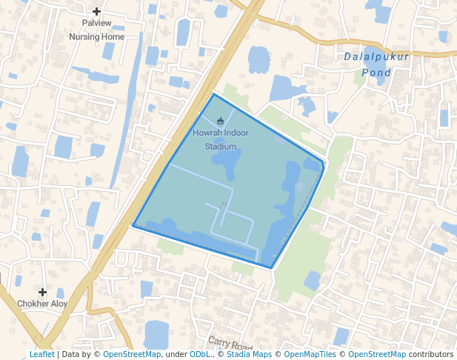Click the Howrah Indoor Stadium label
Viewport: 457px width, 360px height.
[x=221, y=139]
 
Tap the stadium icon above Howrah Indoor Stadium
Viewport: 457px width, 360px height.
[x=221, y=121]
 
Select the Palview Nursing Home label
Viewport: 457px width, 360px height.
[x=96, y=30]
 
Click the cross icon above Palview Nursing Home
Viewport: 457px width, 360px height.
[x=96, y=11]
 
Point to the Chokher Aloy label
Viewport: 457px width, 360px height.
[x=42, y=304]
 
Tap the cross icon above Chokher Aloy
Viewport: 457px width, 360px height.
[x=42, y=293]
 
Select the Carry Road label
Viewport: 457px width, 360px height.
[x=230, y=344]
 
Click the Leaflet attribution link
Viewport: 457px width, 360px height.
[x=41, y=354]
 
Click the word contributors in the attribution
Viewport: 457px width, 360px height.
[x=430, y=354]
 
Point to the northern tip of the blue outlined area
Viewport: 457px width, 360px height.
[x=214, y=94]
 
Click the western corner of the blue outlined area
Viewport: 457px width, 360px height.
[x=133, y=225]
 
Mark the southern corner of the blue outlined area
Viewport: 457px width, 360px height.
[x=271, y=267]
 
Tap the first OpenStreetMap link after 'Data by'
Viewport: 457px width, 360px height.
[x=132, y=354]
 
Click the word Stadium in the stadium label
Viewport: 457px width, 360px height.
[x=221, y=146]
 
